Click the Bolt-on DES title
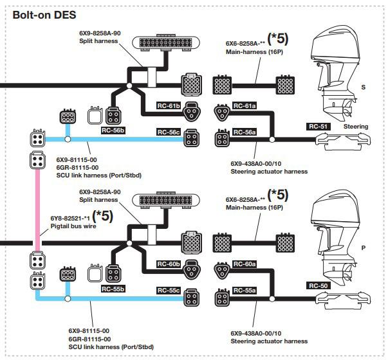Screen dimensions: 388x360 (x=44, y=15)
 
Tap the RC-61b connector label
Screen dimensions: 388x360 (x=169, y=106)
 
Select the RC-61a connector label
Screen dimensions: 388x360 (x=245, y=106)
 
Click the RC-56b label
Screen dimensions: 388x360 (x=113, y=130)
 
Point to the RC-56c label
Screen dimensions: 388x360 (x=169, y=132)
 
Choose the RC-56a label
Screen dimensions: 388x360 (x=245, y=132)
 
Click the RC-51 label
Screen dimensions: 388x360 (x=319, y=127)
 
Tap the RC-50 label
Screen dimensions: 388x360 (x=319, y=286)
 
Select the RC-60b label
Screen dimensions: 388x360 (x=169, y=264)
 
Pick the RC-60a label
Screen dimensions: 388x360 (x=245, y=264)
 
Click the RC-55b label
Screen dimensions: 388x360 (x=113, y=289)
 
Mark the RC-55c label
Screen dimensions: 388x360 (x=169, y=291)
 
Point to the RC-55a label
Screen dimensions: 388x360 (x=245, y=291)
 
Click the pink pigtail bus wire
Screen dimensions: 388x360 (x=37, y=210)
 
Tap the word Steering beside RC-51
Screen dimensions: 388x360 (x=356, y=127)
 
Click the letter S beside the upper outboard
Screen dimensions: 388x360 (x=364, y=87)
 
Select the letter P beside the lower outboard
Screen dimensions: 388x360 (x=364, y=248)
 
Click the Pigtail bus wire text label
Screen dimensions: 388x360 (x=73, y=226)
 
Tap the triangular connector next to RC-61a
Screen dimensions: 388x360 (x=222, y=113)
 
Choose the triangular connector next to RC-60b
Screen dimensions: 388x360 (x=192, y=269)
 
